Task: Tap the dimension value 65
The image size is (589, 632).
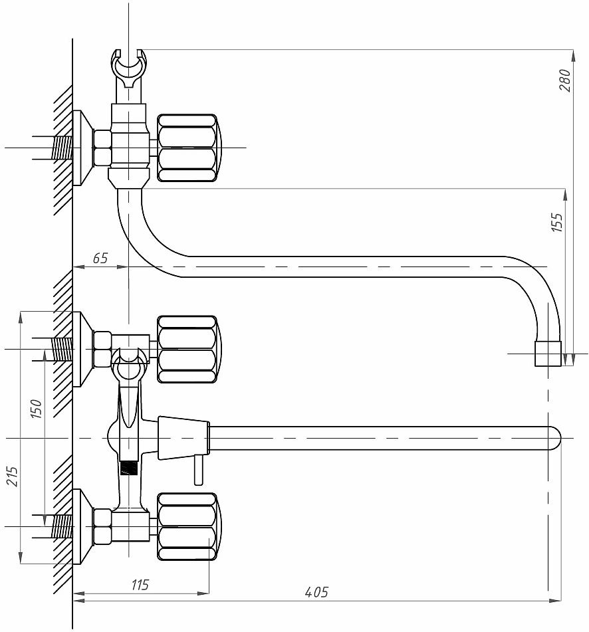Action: point(100,259)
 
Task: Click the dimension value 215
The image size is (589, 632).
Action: point(13,476)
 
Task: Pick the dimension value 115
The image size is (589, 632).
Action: point(140,585)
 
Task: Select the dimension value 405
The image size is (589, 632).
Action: point(316,592)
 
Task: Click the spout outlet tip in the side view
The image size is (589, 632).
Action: point(548,354)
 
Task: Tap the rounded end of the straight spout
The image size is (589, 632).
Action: point(553,439)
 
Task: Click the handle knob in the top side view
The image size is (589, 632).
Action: point(187,148)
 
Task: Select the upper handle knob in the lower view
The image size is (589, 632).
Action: point(187,349)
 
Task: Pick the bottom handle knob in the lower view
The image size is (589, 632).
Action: point(187,526)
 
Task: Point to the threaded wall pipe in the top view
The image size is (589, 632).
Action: point(62,148)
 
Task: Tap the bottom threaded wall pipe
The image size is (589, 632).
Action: point(61,526)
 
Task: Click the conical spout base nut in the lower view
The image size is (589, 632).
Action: point(183,439)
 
